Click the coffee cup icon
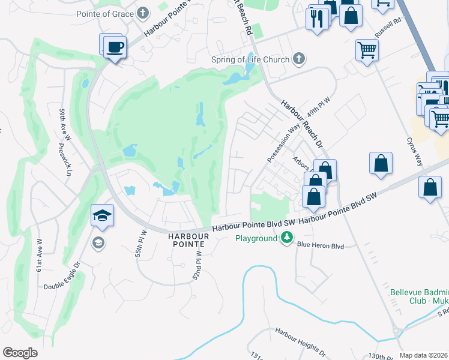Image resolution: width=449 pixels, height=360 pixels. click(115, 47)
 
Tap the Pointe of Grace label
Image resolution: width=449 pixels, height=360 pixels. click(106, 13)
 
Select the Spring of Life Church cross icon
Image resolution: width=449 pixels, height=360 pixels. click(299, 59)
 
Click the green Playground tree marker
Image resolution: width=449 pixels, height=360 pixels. click(288, 238)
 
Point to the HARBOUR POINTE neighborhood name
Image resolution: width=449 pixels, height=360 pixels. click(188, 241)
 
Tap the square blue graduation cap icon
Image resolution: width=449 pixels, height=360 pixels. click(103, 215)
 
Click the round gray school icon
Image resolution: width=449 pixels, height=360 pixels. click(97, 242)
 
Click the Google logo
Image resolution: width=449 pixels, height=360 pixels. click(20, 352)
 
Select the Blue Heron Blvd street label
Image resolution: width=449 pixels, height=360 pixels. click(321, 245)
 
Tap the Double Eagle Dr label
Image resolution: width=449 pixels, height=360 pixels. click(62, 275)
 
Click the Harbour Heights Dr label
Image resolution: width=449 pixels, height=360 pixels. click(300, 340)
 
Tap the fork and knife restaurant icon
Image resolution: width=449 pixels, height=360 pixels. click(317, 19)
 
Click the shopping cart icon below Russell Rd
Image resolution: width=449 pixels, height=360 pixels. click(367, 50)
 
